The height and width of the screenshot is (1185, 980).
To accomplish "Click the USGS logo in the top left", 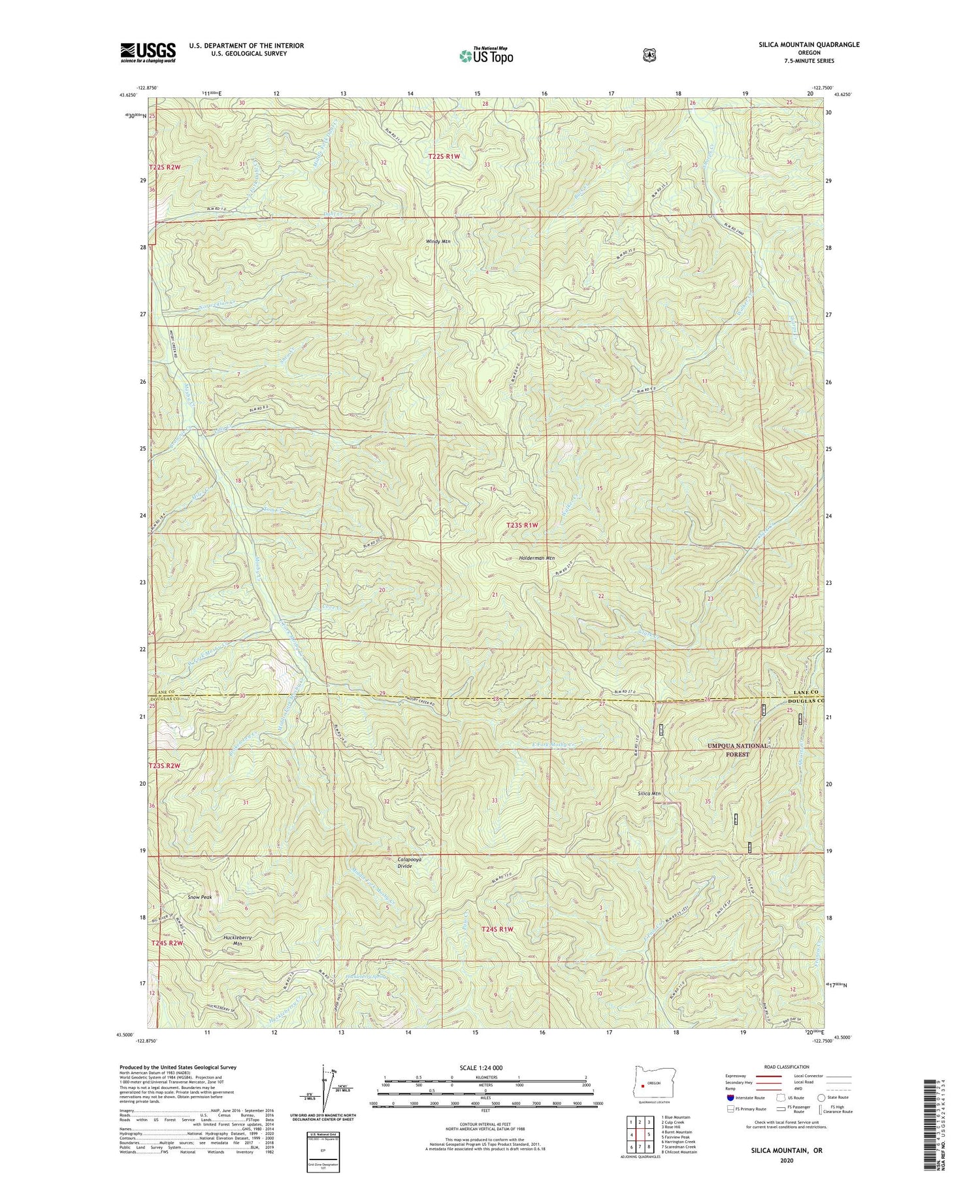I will tap(148, 52).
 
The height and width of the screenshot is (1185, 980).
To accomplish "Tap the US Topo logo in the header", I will tap(486, 55).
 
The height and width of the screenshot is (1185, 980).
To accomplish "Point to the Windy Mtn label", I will tap(438, 241).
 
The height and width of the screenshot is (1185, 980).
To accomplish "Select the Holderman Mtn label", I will tap(536, 558).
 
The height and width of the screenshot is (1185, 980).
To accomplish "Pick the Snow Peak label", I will tap(200, 897).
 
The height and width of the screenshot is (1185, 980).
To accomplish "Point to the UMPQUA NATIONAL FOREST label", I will tap(737, 750).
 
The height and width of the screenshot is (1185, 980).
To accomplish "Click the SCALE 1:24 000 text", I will tap(485, 1067).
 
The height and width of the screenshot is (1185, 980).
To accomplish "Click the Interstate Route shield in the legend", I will tap(730, 1097).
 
